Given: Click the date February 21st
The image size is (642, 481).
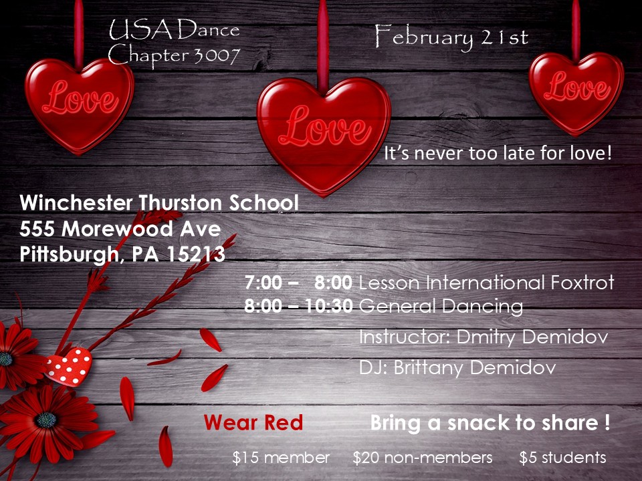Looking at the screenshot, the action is [451, 37].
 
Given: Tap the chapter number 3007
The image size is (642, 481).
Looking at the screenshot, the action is [217, 55].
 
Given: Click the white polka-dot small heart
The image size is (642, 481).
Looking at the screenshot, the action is [69, 367].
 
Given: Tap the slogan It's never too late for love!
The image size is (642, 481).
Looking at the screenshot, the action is [498, 154].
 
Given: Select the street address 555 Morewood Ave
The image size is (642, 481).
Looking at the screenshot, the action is [120, 228].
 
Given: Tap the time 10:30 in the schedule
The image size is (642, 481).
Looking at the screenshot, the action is [329, 306].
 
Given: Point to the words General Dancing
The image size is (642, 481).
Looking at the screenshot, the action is [441, 307].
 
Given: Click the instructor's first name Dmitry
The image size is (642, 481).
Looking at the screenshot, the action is [486, 337].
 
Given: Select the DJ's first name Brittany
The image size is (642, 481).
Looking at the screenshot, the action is [429, 367].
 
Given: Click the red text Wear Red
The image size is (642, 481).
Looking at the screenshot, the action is [253, 422].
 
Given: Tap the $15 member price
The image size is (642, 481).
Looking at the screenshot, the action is [281, 458].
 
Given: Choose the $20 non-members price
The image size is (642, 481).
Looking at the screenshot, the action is [423, 458].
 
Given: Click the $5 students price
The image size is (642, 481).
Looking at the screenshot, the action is [562, 458].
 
